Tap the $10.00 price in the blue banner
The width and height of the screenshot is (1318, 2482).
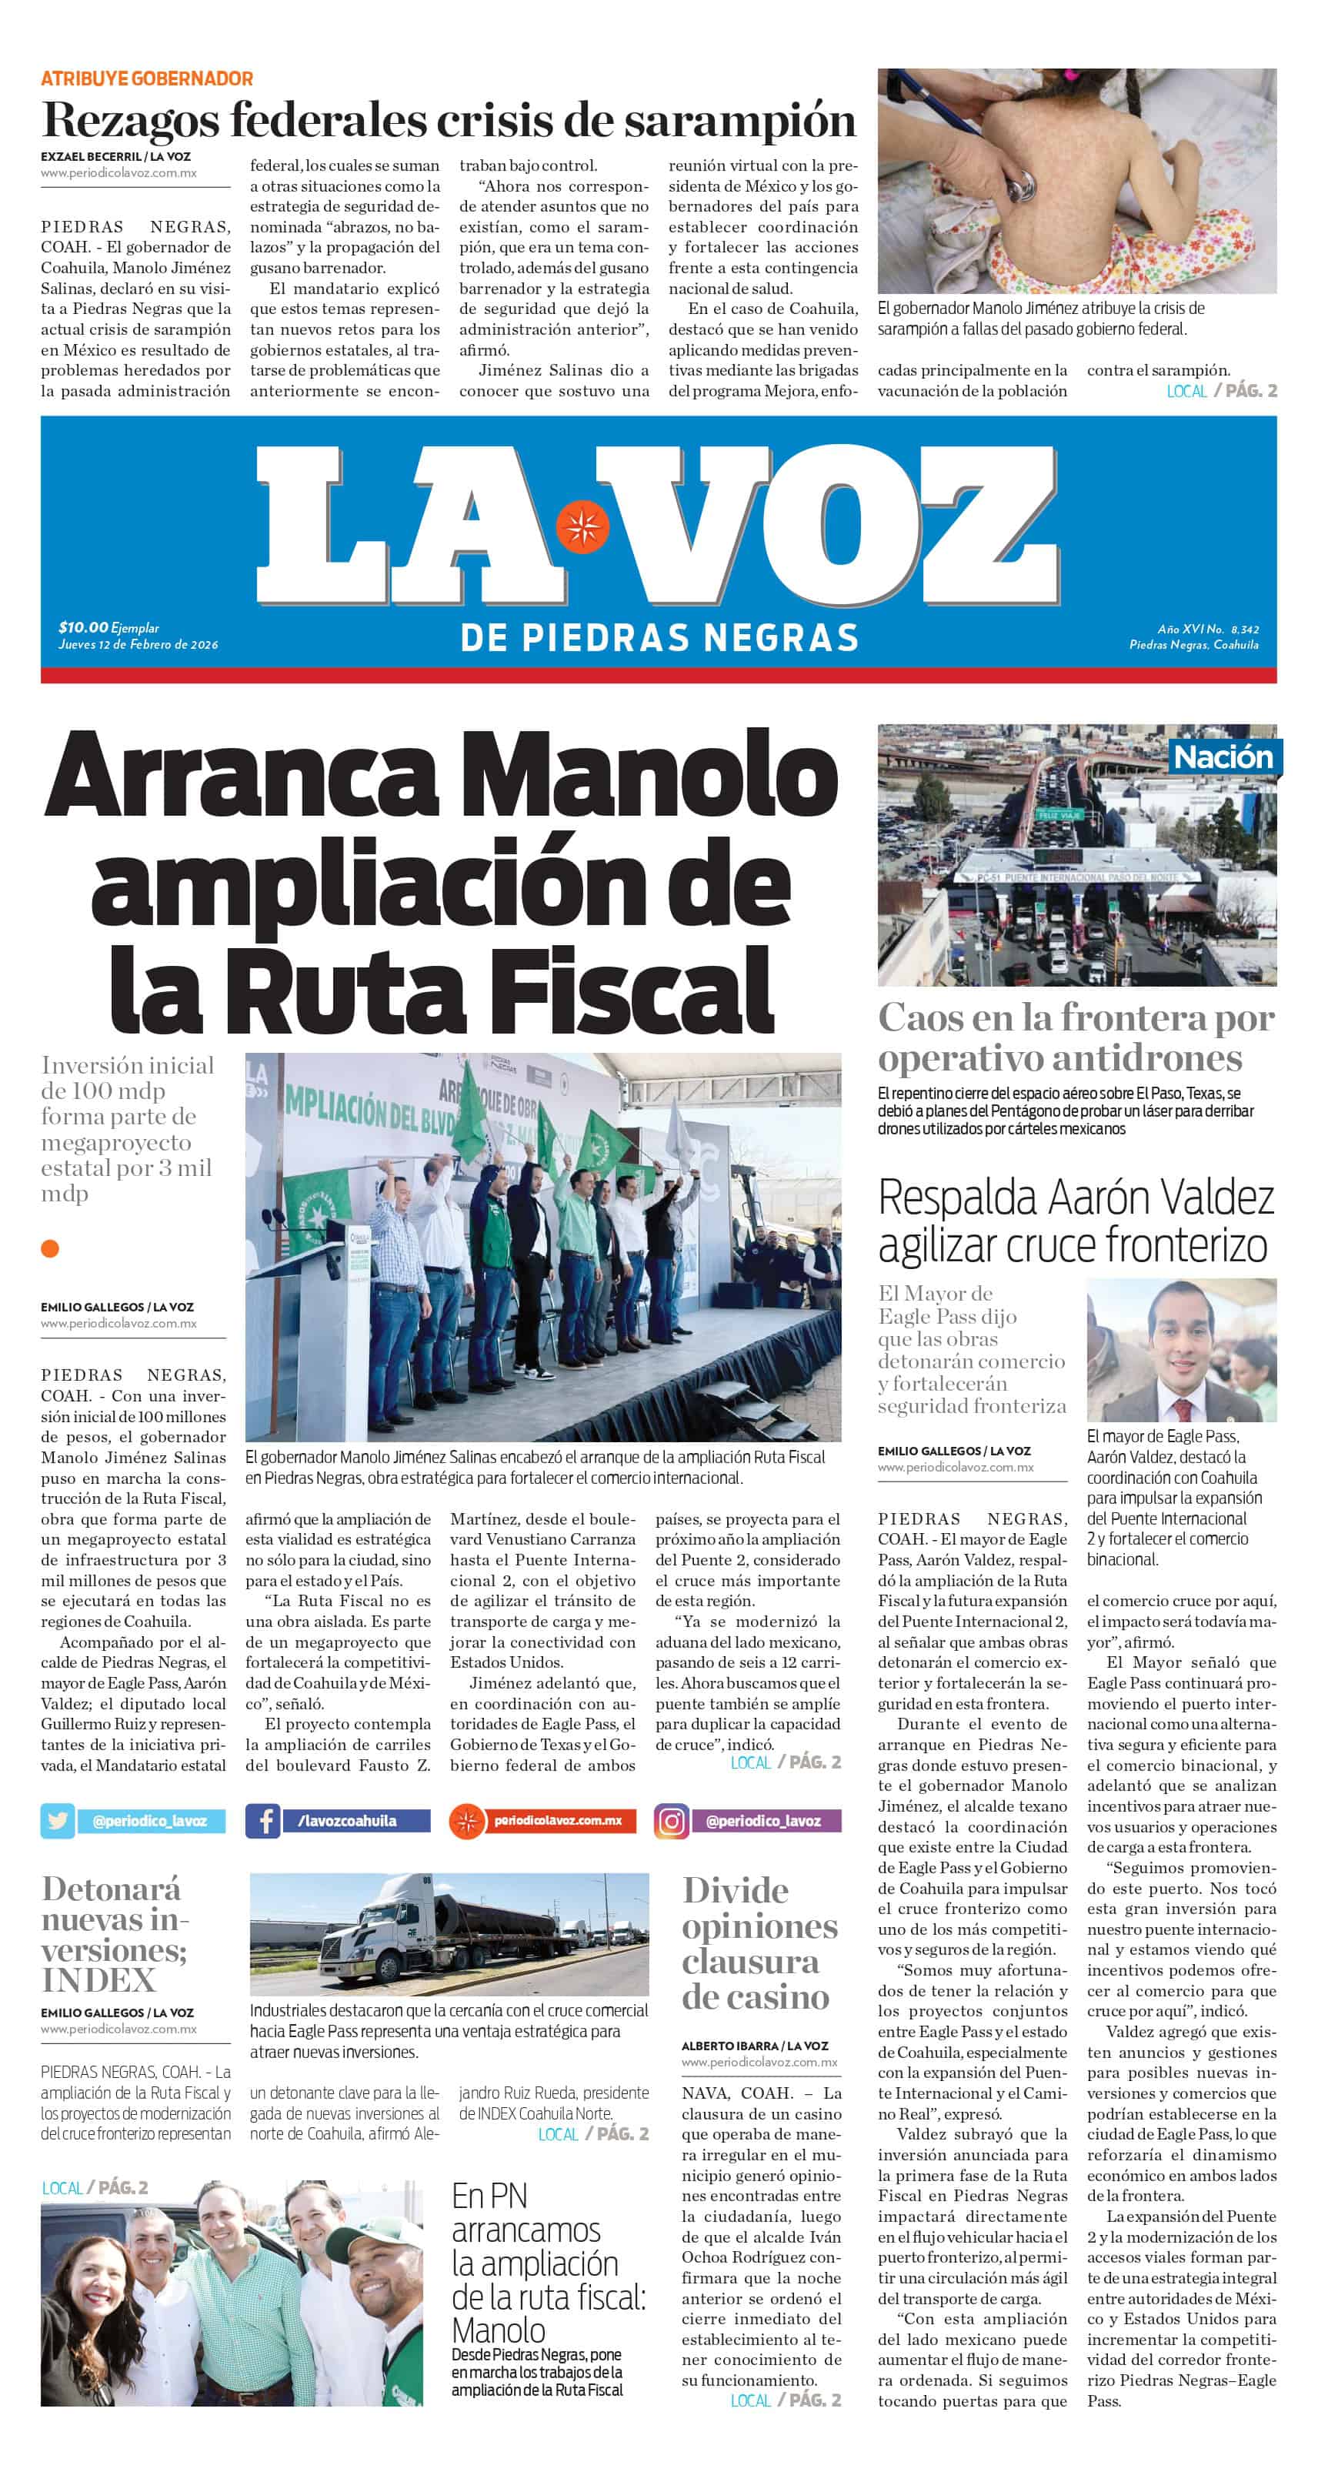[x=84, y=627]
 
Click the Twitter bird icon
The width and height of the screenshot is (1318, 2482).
[x=58, y=1820]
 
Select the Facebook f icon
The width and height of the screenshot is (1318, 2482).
[x=263, y=1820]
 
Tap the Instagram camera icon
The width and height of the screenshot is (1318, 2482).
[x=672, y=1820]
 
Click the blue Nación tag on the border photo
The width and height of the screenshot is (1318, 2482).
[x=1223, y=757]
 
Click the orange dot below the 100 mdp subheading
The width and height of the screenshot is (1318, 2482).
[x=50, y=1249]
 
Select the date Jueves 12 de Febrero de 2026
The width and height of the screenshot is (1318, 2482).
[x=138, y=645]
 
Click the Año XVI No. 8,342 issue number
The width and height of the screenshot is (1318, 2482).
[x=1208, y=630]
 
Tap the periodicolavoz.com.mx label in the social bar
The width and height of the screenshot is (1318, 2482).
[x=558, y=1820]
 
